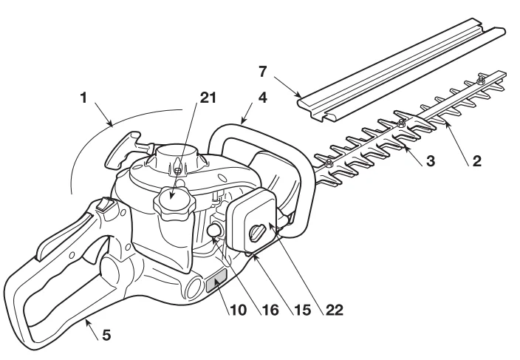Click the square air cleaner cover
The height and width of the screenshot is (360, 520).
[252, 222]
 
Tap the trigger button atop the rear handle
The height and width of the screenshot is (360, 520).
[103, 206]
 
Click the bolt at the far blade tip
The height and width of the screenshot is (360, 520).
[481, 77]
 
